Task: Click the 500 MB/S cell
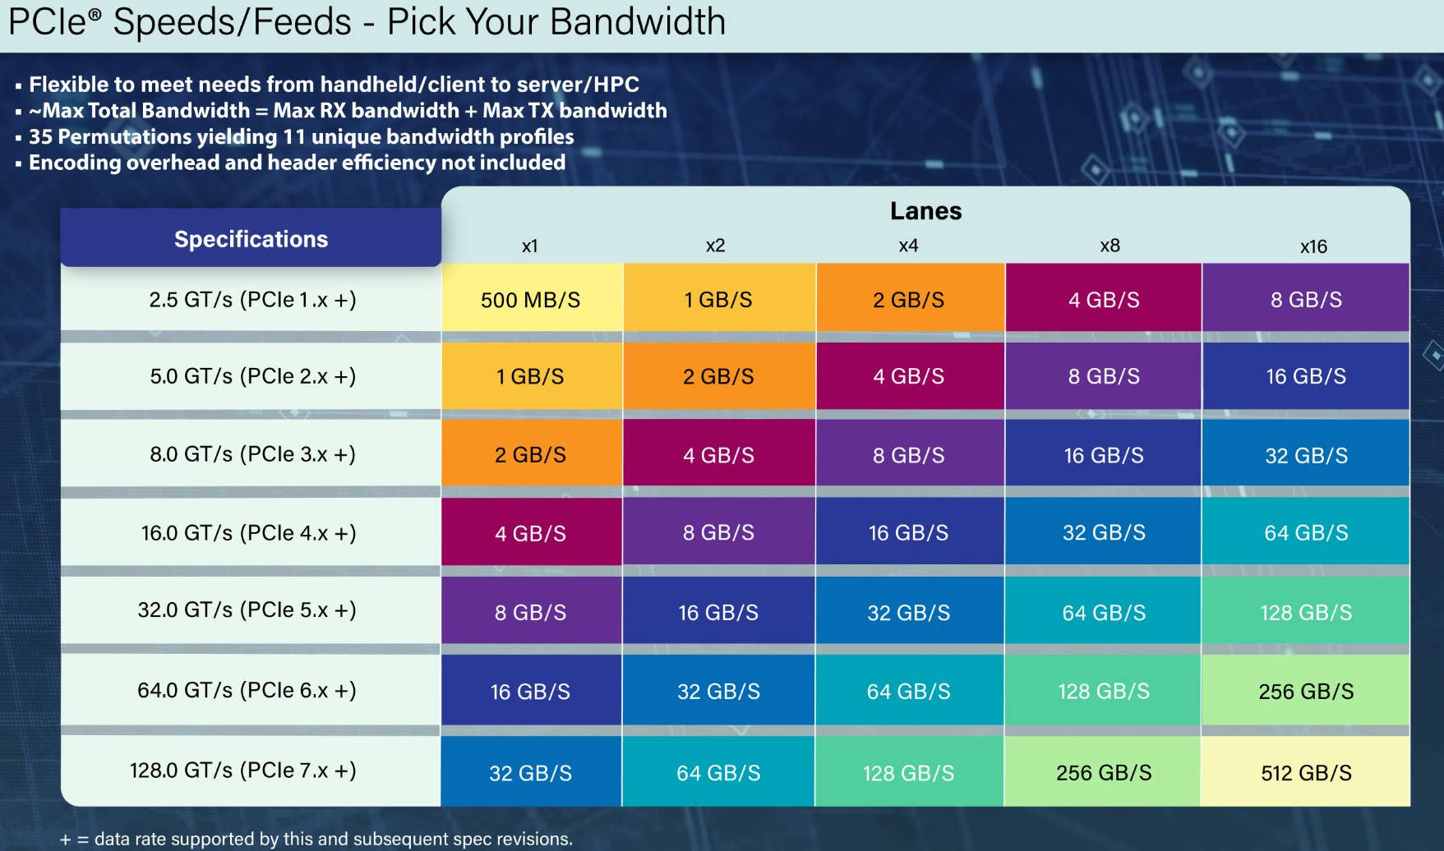coord(530,300)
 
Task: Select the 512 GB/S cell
coord(1306,773)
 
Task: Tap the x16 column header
coord(1313,246)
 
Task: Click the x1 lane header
coord(530,246)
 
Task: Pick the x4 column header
coord(908,246)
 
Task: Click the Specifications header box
coord(251,239)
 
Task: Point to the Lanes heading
coord(925,211)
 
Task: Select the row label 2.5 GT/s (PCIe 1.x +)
coord(252,300)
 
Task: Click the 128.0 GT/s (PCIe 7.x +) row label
coord(242,770)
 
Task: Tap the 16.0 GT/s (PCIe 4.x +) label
coord(248,533)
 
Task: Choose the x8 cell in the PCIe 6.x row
coord(1103,692)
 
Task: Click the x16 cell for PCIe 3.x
coord(1306,455)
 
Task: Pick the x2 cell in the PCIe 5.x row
coord(718,613)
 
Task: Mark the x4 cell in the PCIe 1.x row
coord(908,300)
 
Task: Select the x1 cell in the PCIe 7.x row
coord(530,773)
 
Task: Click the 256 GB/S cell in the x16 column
coord(1306,692)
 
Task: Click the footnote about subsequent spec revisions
coord(316,839)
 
